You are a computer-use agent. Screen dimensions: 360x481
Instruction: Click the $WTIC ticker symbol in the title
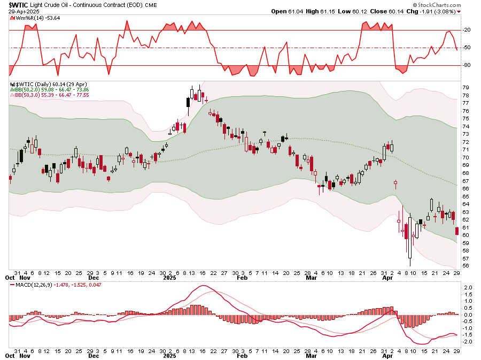click(19, 5)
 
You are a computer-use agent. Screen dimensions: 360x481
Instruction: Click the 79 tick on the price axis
click(466, 88)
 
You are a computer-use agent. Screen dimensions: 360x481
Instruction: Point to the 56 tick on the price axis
click(466, 266)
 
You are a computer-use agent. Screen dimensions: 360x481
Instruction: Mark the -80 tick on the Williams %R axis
click(466, 65)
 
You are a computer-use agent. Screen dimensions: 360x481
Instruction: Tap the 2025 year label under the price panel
click(170, 279)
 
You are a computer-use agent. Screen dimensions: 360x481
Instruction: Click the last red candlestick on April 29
click(457, 231)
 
